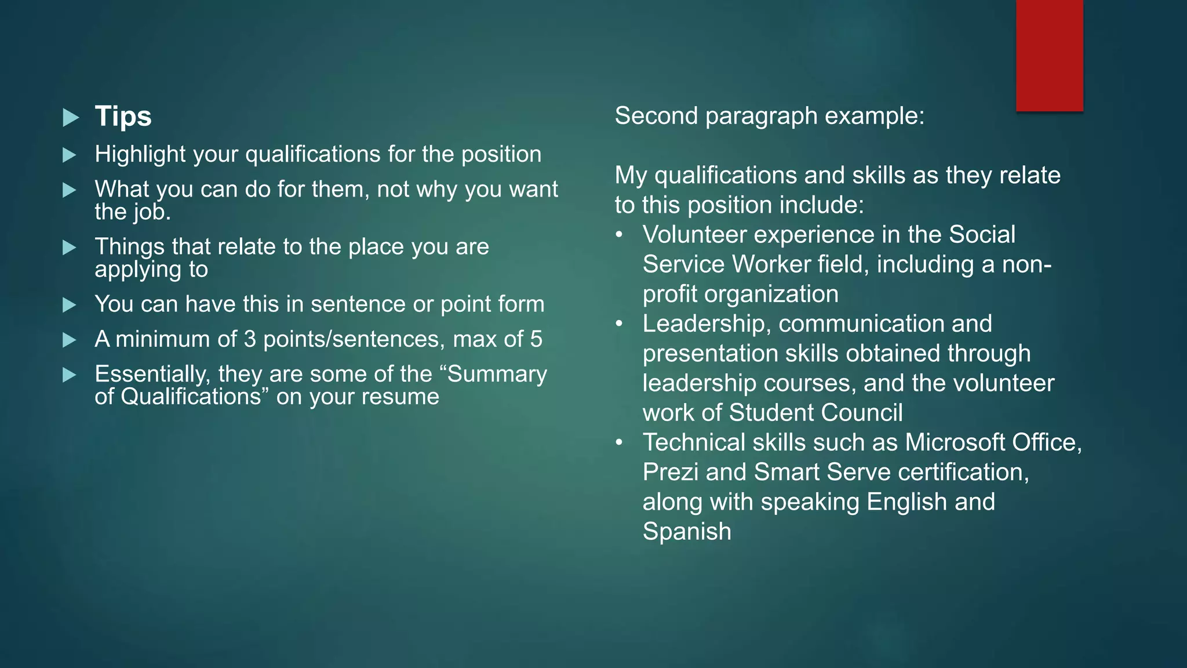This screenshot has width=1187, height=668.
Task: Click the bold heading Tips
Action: coord(123,116)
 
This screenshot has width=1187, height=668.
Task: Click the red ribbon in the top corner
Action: coord(1049,55)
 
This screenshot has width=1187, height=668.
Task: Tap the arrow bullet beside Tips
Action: coord(70,118)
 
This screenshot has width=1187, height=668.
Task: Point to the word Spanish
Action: coord(687,532)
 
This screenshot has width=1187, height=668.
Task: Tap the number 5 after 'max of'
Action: coord(536,339)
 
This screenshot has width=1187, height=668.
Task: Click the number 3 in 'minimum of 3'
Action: coord(250,339)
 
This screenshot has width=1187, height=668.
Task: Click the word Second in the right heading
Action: coord(656,116)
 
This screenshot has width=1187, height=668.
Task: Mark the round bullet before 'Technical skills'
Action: coord(620,442)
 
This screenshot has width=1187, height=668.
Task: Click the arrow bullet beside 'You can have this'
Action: coord(70,305)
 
